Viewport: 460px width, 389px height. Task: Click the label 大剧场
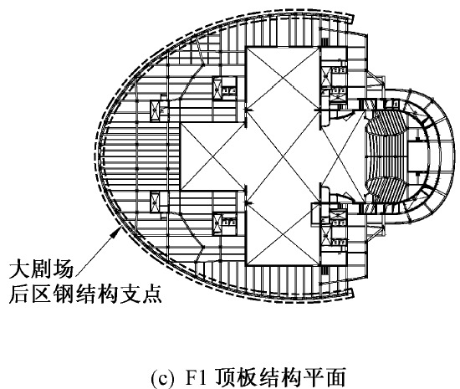click(x=41, y=269)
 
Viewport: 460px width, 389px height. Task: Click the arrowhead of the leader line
click(x=118, y=230)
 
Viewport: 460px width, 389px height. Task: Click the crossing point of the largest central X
click(x=283, y=156)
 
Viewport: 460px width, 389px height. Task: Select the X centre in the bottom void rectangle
click(x=283, y=235)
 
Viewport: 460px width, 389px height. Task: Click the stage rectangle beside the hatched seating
click(x=417, y=156)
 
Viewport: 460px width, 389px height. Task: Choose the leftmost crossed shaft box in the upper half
click(x=155, y=110)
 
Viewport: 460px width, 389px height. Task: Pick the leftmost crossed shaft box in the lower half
click(x=155, y=202)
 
